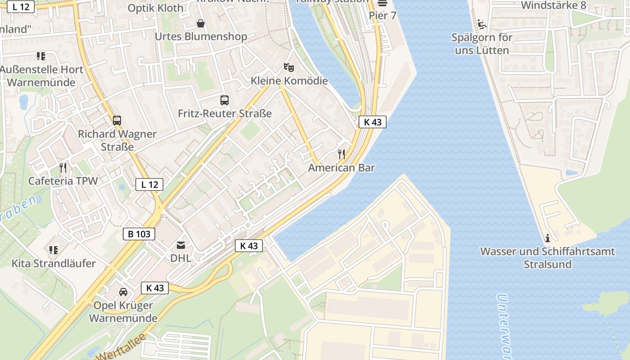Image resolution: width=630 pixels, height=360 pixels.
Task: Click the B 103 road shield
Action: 139,234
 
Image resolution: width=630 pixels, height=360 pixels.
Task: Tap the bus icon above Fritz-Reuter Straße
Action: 225,100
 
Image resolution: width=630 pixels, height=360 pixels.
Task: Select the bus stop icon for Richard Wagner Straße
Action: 117,121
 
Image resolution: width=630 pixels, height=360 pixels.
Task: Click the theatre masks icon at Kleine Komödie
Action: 289,67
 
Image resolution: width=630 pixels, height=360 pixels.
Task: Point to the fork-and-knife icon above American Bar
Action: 342,154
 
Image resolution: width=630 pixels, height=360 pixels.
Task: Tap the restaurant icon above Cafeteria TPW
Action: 63,168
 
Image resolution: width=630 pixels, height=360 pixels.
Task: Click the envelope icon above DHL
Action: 180,245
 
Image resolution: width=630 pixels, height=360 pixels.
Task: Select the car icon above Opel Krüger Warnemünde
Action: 123,292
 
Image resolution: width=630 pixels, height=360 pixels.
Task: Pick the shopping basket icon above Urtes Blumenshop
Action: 201,23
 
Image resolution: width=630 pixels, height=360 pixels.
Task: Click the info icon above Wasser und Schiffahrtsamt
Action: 547,238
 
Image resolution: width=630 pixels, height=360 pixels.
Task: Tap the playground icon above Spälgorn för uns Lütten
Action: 482,24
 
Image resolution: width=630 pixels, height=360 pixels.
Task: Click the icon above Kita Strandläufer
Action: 54,250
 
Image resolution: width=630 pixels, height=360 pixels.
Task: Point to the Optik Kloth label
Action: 156,8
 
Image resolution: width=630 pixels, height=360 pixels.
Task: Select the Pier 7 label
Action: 382,16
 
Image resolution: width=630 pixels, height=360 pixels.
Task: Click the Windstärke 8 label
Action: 553,5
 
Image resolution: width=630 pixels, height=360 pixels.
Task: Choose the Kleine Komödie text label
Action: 289,81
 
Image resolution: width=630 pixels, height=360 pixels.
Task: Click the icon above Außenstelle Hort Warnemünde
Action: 41,56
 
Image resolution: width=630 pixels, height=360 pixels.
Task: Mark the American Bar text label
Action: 342,168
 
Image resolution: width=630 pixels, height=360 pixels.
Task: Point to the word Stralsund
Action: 547,264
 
